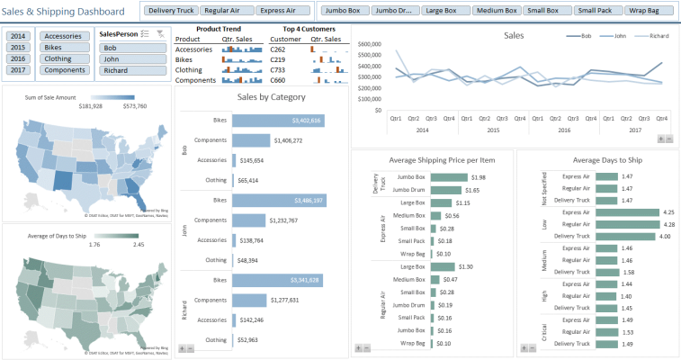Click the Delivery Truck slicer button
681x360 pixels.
(171, 12)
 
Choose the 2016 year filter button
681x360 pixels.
(18, 58)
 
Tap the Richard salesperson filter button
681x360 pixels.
(133, 70)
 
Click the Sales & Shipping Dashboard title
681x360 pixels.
(64, 11)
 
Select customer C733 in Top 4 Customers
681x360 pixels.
(279, 69)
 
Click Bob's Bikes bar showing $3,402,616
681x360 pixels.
(278, 120)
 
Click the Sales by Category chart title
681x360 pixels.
(271, 97)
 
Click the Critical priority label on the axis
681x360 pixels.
(542, 331)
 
